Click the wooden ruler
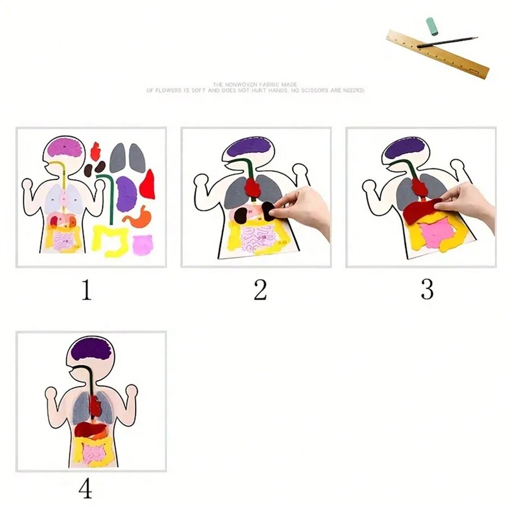(x=437, y=55)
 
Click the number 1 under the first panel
(x=86, y=290)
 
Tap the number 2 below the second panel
(x=260, y=290)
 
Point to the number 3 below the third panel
(x=427, y=290)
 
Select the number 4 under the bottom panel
(x=85, y=489)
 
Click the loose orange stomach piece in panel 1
(x=137, y=217)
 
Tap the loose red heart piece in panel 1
(x=95, y=151)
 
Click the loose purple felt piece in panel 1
(x=126, y=194)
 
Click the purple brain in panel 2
(x=249, y=146)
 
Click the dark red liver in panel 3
(x=422, y=211)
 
